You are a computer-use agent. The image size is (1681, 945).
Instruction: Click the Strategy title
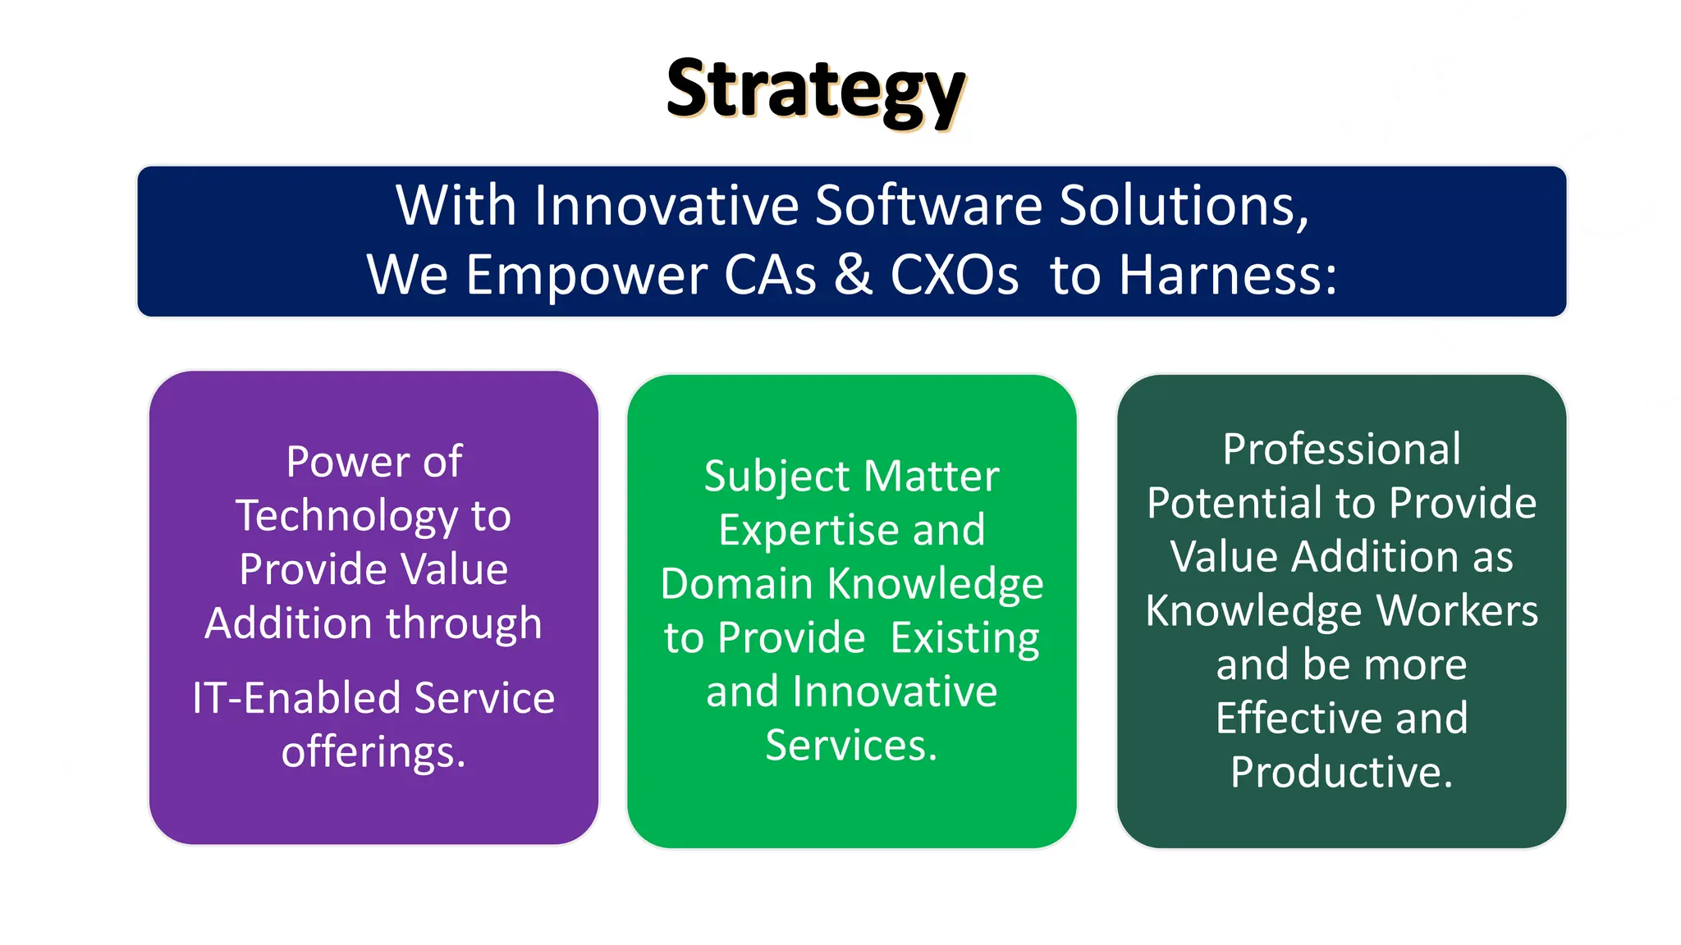point(815,90)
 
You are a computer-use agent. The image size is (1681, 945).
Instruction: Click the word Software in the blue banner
point(928,205)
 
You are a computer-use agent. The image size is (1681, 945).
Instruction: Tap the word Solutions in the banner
point(1182,205)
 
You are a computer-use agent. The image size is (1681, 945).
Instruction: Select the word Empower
point(586,276)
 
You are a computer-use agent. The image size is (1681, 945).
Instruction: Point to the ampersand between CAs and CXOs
point(854,275)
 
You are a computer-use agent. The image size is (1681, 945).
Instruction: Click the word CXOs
point(954,276)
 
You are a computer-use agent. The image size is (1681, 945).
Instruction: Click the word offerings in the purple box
point(373,753)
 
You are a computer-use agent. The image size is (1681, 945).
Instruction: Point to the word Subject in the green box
point(776,477)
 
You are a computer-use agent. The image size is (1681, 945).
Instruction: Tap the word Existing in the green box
point(964,639)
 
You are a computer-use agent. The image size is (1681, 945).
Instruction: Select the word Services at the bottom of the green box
point(851,746)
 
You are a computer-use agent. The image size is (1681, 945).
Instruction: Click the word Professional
point(1341,450)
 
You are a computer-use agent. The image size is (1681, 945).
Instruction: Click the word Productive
point(1341,773)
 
